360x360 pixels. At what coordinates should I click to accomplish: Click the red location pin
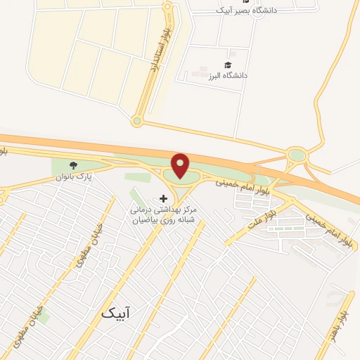click(x=181, y=165)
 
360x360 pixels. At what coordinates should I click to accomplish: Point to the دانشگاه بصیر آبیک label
click(x=244, y=10)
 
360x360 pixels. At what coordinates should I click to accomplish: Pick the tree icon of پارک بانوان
click(x=74, y=165)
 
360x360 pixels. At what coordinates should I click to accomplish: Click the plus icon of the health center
click(x=164, y=198)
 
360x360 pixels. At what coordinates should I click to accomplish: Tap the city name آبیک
click(x=116, y=310)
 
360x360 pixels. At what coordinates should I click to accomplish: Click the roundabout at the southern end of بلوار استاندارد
click(x=137, y=121)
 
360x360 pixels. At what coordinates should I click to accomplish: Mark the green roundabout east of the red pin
click(x=297, y=155)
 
